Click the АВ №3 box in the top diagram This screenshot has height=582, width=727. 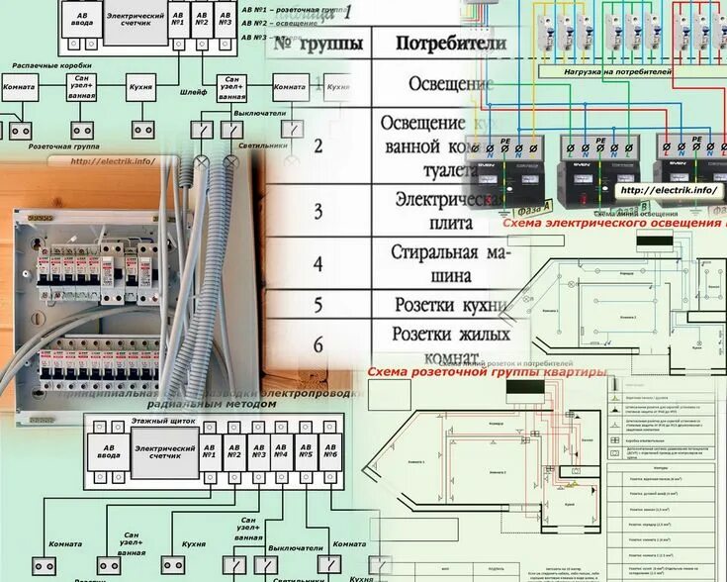pyautogui.click(x=225, y=19)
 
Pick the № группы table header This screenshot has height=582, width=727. pyautogui.click(x=318, y=44)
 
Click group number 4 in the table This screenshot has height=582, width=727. pyautogui.click(x=318, y=264)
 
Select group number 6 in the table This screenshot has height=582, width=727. pyautogui.click(x=318, y=344)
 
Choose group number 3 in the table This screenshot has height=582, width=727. pyautogui.click(x=318, y=211)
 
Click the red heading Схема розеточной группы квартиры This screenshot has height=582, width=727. pyautogui.click(x=485, y=373)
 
